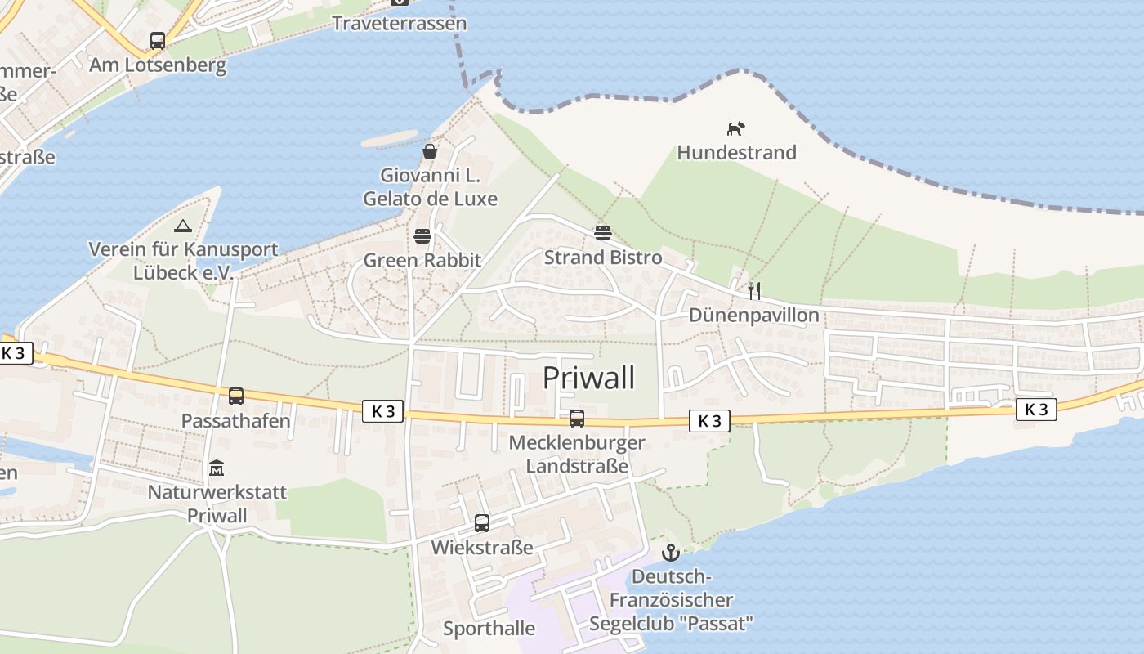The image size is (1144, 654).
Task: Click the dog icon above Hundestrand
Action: click(736, 128)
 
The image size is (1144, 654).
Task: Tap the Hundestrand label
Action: click(736, 153)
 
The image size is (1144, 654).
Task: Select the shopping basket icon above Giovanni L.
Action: click(430, 151)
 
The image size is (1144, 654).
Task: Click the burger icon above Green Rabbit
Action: click(422, 236)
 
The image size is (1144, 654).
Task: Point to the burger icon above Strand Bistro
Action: click(603, 233)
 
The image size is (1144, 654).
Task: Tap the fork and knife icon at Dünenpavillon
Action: click(754, 290)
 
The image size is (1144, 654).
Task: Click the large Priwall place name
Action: click(588, 378)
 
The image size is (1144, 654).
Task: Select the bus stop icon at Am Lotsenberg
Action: click(158, 40)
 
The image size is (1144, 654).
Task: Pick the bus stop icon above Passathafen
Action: click(236, 396)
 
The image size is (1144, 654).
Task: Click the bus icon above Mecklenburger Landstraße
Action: click(577, 419)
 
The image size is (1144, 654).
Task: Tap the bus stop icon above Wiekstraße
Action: click(482, 523)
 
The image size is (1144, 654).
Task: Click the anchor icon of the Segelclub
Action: click(670, 553)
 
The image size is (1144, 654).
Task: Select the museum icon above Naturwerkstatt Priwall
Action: click(217, 468)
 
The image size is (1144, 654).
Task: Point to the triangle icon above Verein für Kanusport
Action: click(183, 226)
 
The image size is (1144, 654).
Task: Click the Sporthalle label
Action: click(489, 629)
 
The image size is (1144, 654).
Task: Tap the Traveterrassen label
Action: click(400, 23)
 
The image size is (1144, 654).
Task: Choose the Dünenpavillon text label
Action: click(754, 316)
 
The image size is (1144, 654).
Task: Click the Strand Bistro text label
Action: click(603, 258)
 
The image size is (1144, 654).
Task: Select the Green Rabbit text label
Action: click(422, 261)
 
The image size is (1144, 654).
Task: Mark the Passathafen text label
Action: click(236, 421)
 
